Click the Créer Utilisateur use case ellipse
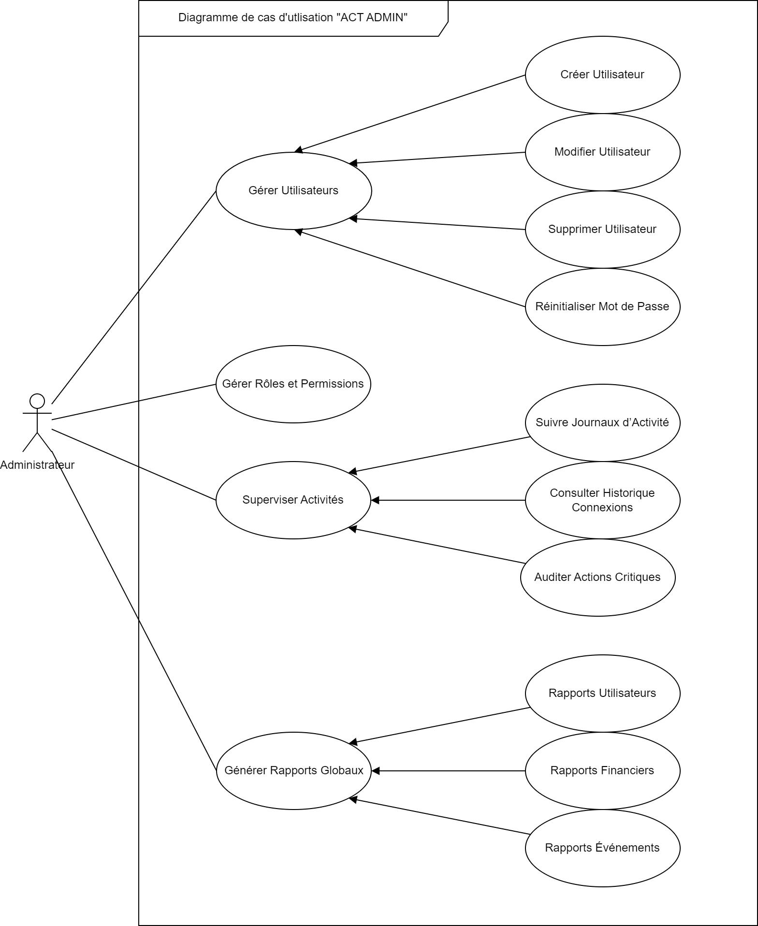pos(602,75)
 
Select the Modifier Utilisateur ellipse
pos(602,152)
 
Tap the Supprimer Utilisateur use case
pos(602,230)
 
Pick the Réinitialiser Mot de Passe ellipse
pos(602,307)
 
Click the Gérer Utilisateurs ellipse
pos(293,191)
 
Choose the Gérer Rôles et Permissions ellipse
pos(293,384)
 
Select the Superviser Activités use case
pos(293,500)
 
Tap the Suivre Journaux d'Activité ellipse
pos(602,423)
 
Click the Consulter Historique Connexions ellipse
pos(602,500)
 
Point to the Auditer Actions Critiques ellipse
pos(598,578)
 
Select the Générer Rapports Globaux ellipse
pos(293,771)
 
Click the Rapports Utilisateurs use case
pos(602,694)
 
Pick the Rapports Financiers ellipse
pos(602,771)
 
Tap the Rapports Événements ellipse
pos(602,848)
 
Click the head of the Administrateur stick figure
pos(37,401)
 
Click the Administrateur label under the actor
pos(37,465)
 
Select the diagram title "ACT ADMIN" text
pos(293,18)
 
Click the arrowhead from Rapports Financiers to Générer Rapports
pos(375,771)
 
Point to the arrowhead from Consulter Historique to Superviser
pos(375,500)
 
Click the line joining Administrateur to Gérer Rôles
pos(134,402)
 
